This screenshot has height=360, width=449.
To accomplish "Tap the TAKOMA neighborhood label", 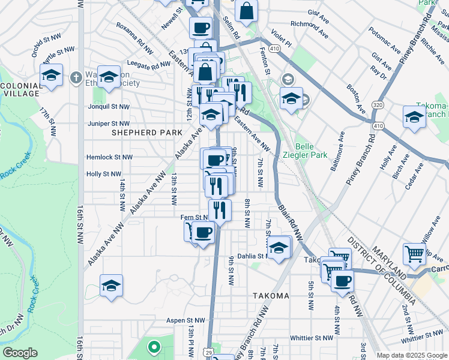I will tap(271, 296).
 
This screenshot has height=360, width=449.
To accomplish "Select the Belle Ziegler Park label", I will tap(312, 150).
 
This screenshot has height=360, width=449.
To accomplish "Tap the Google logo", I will tap(20, 353).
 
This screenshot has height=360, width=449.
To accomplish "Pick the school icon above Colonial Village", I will tap(52, 76).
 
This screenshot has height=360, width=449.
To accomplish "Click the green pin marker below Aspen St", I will tap(154, 346).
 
